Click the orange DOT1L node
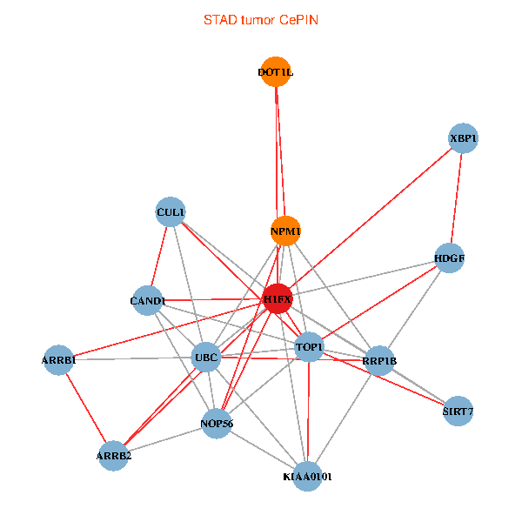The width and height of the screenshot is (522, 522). [x=275, y=72]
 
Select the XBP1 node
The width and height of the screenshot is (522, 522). [x=464, y=138]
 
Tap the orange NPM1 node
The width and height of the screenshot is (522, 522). [x=285, y=231]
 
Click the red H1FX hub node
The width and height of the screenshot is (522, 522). [x=278, y=299]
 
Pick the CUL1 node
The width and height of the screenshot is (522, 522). [x=171, y=211]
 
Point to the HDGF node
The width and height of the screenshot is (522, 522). [x=449, y=258]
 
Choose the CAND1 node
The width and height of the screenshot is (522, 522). [x=148, y=301]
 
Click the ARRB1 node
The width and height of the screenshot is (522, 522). [x=59, y=359]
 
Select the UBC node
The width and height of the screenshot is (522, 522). [x=206, y=357]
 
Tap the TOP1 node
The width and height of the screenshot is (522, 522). [x=309, y=347]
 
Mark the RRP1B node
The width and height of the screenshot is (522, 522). [x=379, y=360]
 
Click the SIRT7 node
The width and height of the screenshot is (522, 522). [x=458, y=411]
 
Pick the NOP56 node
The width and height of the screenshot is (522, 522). [x=217, y=424]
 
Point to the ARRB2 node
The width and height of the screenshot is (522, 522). [x=114, y=455]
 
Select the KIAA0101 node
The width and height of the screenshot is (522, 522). [x=307, y=476]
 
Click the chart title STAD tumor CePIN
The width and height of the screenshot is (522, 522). [x=261, y=19]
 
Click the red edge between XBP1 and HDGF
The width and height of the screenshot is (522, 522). [x=457, y=197]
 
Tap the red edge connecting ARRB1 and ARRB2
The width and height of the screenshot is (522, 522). [x=86, y=407]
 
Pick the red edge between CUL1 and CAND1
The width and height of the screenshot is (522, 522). [x=159, y=256]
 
